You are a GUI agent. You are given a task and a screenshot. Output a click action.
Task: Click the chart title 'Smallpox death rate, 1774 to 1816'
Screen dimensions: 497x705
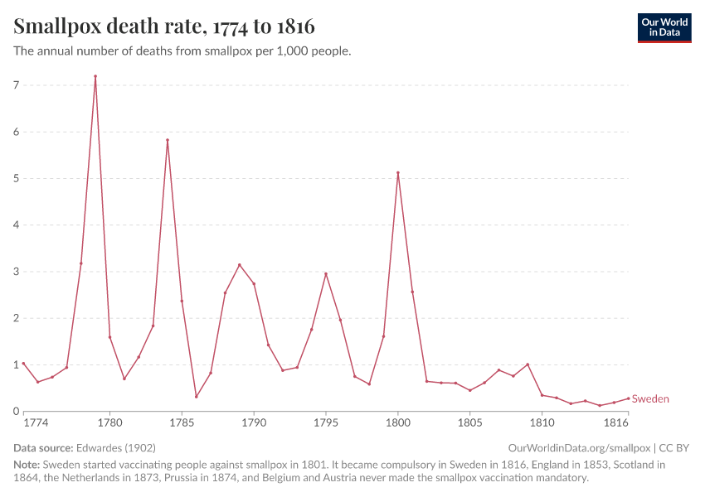point(164,26)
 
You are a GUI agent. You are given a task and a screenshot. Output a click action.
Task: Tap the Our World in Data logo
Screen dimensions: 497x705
point(664,27)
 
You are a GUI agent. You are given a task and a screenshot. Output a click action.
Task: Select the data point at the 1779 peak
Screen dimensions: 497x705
point(95,76)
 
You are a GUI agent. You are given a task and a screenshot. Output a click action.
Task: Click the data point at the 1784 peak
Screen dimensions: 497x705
point(168,140)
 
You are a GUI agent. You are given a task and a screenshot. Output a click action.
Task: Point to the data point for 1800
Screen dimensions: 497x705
point(398,172)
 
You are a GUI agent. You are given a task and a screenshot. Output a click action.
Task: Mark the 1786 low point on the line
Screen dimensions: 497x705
point(197,397)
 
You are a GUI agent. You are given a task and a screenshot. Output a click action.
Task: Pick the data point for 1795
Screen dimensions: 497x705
point(326,273)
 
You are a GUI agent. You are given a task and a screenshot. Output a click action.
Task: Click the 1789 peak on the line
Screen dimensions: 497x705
point(240,265)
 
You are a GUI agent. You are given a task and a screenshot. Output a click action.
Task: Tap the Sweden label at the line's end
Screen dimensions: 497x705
point(650,399)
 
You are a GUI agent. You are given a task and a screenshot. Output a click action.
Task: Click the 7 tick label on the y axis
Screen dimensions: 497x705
point(16,85)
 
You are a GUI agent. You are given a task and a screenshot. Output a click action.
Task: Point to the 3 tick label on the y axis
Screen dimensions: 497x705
point(16,272)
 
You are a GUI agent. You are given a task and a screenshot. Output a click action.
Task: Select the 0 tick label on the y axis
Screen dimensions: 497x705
point(16,412)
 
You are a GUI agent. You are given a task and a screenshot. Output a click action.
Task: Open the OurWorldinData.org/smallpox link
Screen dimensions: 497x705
point(578,448)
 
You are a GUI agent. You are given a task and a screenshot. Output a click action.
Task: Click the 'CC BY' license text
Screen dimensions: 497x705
point(674,448)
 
